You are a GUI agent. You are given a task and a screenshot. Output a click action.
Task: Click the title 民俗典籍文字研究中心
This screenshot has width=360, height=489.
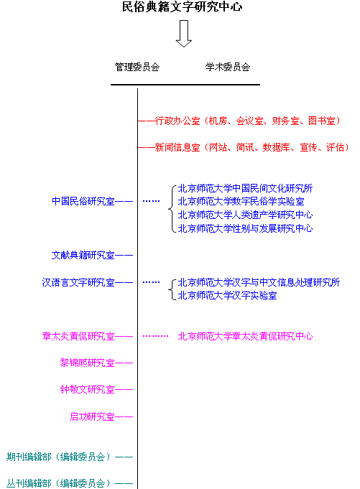pos(183,6)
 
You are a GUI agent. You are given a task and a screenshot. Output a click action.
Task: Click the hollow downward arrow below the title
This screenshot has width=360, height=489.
pos(184,34)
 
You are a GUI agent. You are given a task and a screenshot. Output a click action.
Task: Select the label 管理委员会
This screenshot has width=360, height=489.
pos(137,67)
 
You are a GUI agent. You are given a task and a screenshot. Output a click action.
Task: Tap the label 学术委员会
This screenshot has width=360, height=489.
pos(228,67)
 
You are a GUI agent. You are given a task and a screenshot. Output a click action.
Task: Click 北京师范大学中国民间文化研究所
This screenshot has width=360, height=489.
pos(245,188)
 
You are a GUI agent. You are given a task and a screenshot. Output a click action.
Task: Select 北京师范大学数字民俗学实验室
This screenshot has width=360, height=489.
pos(241,202)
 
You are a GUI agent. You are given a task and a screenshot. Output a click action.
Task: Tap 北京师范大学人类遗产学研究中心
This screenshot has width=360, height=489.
pos(245,215)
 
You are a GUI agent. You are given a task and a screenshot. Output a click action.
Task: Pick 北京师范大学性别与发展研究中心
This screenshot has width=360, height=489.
pos(245,228)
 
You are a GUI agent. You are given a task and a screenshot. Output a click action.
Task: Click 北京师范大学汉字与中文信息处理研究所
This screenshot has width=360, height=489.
pos(259,282)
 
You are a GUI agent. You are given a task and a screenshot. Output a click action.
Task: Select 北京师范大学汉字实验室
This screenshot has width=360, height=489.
pos(227,295)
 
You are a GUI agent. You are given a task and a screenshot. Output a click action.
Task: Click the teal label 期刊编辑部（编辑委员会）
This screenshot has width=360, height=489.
pos(59,457)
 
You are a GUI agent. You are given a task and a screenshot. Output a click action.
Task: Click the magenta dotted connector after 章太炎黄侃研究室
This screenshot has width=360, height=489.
pos(155,336)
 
